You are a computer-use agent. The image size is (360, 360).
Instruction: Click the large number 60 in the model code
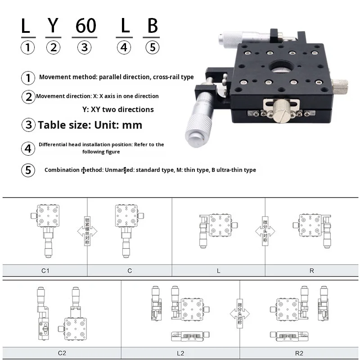tap(86, 26)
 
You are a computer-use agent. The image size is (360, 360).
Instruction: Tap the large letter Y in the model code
tap(53, 26)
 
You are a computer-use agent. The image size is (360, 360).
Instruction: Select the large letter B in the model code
tap(153, 26)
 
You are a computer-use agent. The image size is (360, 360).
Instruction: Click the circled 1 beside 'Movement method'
tap(28, 77)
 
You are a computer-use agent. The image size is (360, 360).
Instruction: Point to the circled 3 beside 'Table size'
tap(29, 125)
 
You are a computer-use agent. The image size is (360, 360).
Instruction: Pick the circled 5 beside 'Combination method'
tap(28, 170)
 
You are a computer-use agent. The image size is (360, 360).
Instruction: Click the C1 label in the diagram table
tap(45, 270)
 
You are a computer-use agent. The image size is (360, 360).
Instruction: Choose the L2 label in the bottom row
tap(180, 353)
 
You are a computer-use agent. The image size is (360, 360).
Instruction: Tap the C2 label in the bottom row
tap(62, 353)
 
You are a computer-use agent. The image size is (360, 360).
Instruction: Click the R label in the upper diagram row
tap(311, 270)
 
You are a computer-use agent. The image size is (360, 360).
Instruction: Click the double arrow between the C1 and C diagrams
tap(87, 231)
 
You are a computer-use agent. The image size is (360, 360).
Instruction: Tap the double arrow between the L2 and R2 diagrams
tap(239, 311)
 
